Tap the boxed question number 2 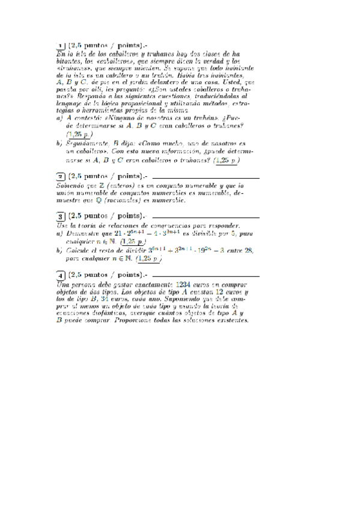61,177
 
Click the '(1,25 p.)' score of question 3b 150,259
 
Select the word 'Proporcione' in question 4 151,321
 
